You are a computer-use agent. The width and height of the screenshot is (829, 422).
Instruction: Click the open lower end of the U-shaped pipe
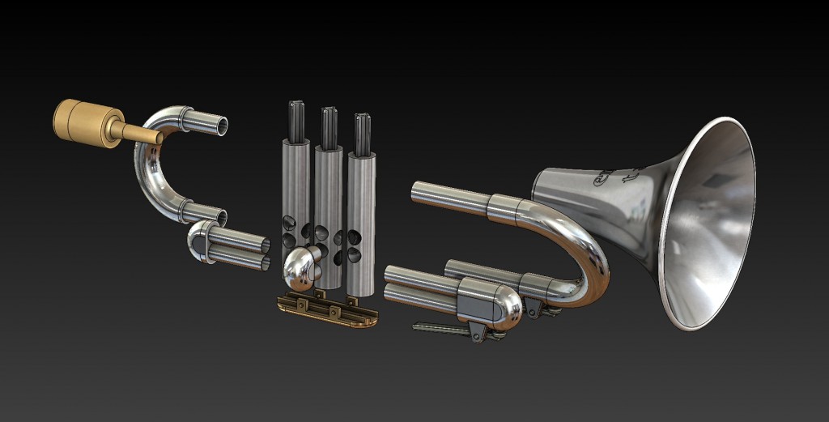218,217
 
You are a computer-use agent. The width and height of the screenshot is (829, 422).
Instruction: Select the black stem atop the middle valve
328,126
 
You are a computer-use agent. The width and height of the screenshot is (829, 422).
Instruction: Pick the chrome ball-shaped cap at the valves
300,267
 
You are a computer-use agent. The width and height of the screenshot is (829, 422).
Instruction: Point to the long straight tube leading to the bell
450,198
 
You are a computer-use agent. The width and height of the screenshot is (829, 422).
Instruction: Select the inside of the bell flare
712,227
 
